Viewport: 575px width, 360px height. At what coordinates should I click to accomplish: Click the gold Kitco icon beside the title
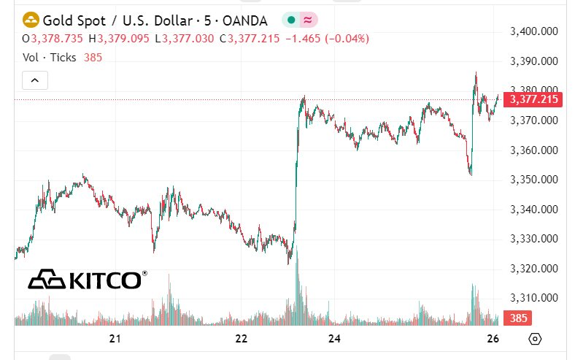(x=31, y=20)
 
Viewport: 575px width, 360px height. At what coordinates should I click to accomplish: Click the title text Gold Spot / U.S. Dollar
(x=109, y=20)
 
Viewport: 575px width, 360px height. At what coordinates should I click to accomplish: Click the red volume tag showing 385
(x=519, y=318)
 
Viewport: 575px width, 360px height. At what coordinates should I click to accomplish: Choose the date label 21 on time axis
(x=115, y=339)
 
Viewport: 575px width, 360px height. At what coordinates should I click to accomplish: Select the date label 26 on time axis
(x=493, y=339)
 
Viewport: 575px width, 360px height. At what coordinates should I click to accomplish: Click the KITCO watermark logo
(x=87, y=279)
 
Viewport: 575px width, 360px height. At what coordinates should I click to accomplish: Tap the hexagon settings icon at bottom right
(x=536, y=339)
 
